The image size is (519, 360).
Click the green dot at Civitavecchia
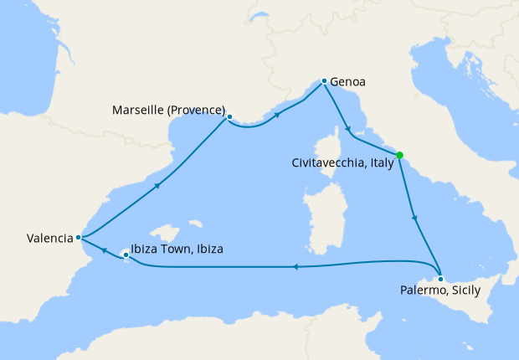[x=399, y=155]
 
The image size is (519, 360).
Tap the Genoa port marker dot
[x=324, y=81]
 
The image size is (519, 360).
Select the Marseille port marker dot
[x=229, y=117]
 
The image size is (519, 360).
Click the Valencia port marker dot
[x=79, y=237]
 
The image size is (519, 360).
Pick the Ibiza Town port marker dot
[x=126, y=254]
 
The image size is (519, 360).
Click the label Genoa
[x=348, y=82]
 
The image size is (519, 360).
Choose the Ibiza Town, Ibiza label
[x=178, y=249]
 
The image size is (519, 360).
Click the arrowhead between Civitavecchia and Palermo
[x=415, y=218]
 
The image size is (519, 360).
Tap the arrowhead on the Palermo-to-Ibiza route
[x=295, y=267]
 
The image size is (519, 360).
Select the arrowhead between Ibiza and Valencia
[x=102, y=249]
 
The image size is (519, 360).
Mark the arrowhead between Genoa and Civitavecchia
[x=347, y=130]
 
